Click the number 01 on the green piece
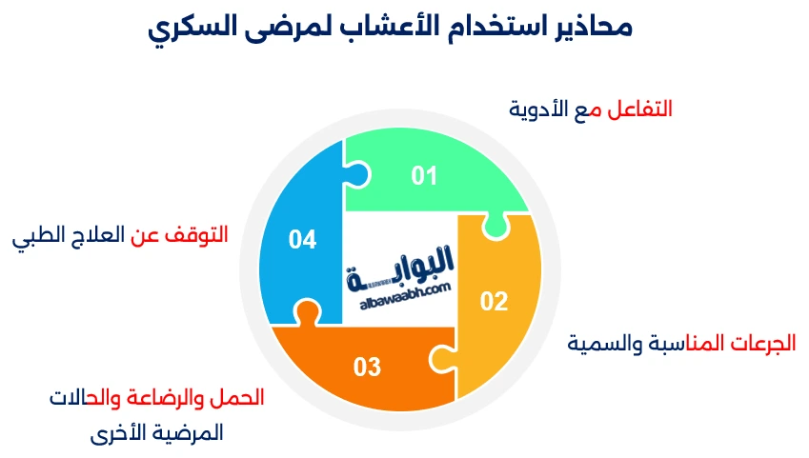coord(424,176)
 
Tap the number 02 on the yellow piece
coord(494,302)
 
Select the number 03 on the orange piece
coord(367,366)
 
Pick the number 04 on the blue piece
coord(302,240)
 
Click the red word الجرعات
coord(761,343)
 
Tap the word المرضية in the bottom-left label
coord(190,433)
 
